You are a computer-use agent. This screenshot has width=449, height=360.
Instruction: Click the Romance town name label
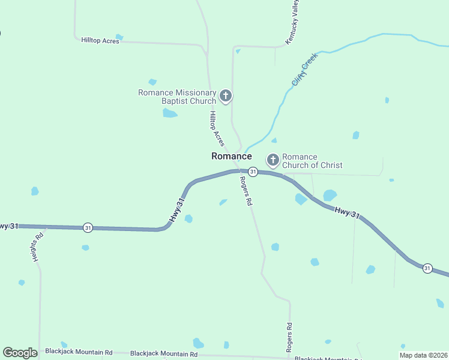(231, 156)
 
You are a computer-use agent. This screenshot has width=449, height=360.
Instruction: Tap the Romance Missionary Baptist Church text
(177, 97)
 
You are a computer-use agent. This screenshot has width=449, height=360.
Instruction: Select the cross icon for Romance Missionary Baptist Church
(226, 95)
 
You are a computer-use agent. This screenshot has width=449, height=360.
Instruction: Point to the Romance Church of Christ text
(312, 161)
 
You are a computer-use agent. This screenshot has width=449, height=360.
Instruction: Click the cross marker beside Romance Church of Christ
(273, 160)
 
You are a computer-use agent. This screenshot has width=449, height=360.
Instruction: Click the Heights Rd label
(38, 247)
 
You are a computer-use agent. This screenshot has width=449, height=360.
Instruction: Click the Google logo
(20, 353)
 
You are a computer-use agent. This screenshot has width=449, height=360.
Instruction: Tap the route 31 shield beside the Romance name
(253, 172)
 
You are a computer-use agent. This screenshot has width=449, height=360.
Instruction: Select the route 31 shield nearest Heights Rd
(88, 227)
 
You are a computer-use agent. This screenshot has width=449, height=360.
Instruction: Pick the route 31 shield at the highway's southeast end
(427, 268)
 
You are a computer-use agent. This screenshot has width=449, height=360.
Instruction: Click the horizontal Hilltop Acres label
(100, 41)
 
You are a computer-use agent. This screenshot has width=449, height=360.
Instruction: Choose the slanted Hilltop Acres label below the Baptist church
(217, 128)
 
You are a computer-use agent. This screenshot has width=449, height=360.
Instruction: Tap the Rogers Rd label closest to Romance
(245, 191)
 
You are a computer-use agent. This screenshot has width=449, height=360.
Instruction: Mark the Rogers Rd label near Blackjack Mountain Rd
(289, 337)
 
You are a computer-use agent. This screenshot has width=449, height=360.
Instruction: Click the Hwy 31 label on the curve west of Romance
(176, 211)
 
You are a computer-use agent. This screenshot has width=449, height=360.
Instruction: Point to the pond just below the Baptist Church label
(170, 113)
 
